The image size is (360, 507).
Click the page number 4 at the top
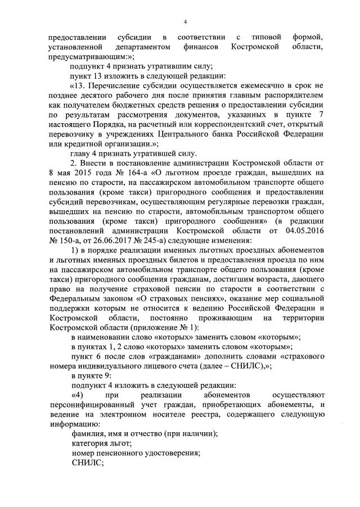184,22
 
